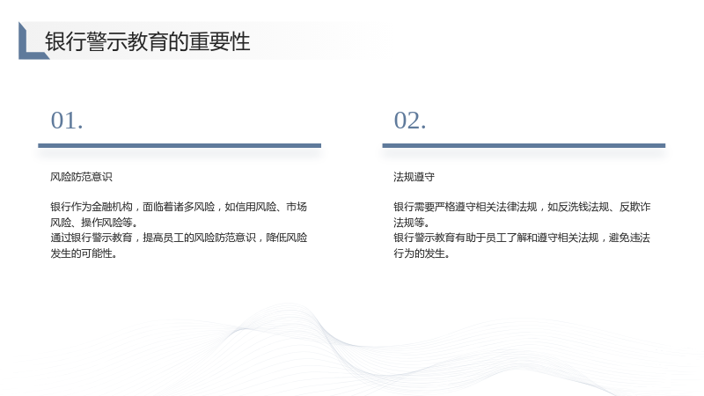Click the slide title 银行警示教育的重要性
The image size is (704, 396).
click(x=147, y=41)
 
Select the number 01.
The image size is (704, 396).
click(x=67, y=121)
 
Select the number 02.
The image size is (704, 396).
click(x=410, y=121)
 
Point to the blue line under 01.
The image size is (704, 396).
click(x=180, y=145)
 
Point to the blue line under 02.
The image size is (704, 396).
click(x=524, y=145)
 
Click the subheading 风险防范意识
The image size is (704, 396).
click(x=81, y=177)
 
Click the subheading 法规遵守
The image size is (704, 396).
click(x=414, y=177)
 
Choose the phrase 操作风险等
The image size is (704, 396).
click(x=106, y=223)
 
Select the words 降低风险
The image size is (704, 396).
click(x=287, y=238)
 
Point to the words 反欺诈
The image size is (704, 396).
click(x=634, y=207)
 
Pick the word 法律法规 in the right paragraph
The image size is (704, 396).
click(x=517, y=207)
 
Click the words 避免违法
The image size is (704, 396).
click(x=629, y=238)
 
